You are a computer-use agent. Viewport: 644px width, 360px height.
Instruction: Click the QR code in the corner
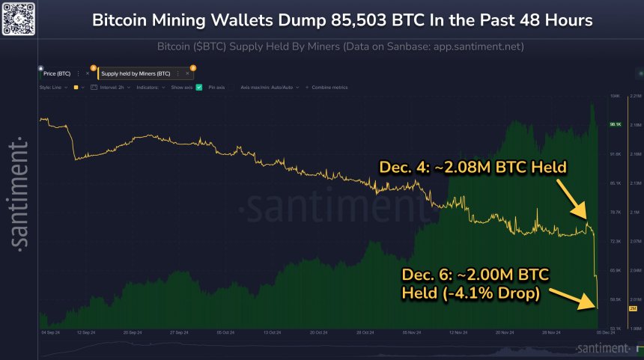coord(17,18)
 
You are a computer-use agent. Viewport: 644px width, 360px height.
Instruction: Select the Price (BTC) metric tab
coord(57,73)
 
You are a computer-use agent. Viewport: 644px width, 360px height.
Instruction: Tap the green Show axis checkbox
coord(199,88)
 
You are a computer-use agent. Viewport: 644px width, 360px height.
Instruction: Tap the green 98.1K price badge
coord(616,125)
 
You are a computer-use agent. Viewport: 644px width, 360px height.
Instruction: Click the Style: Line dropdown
coord(53,88)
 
